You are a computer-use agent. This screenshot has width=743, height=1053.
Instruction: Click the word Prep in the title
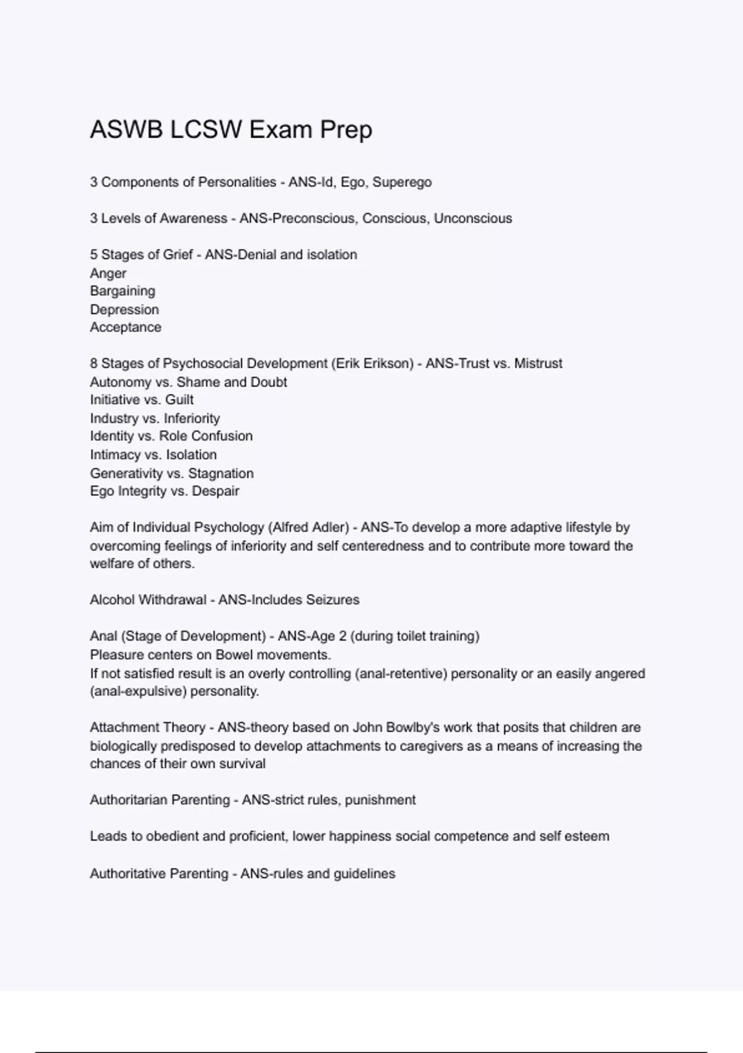pos(345,130)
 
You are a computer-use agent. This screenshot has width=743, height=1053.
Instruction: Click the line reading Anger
pos(108,273)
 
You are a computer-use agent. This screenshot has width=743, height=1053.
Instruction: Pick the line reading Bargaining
pos(123,291)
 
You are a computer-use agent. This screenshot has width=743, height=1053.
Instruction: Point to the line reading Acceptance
pos(125,327)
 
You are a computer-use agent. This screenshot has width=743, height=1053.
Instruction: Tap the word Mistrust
pos(539,364)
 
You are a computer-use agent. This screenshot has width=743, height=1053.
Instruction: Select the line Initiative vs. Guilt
pos(142,400)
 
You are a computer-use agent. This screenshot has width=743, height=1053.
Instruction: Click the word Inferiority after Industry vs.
pos(191,419)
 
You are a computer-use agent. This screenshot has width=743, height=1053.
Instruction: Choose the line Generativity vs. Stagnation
pos(172,473)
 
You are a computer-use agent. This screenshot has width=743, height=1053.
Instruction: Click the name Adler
pos(331,528)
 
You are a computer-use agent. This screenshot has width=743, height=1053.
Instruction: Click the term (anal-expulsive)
pos(138,691)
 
